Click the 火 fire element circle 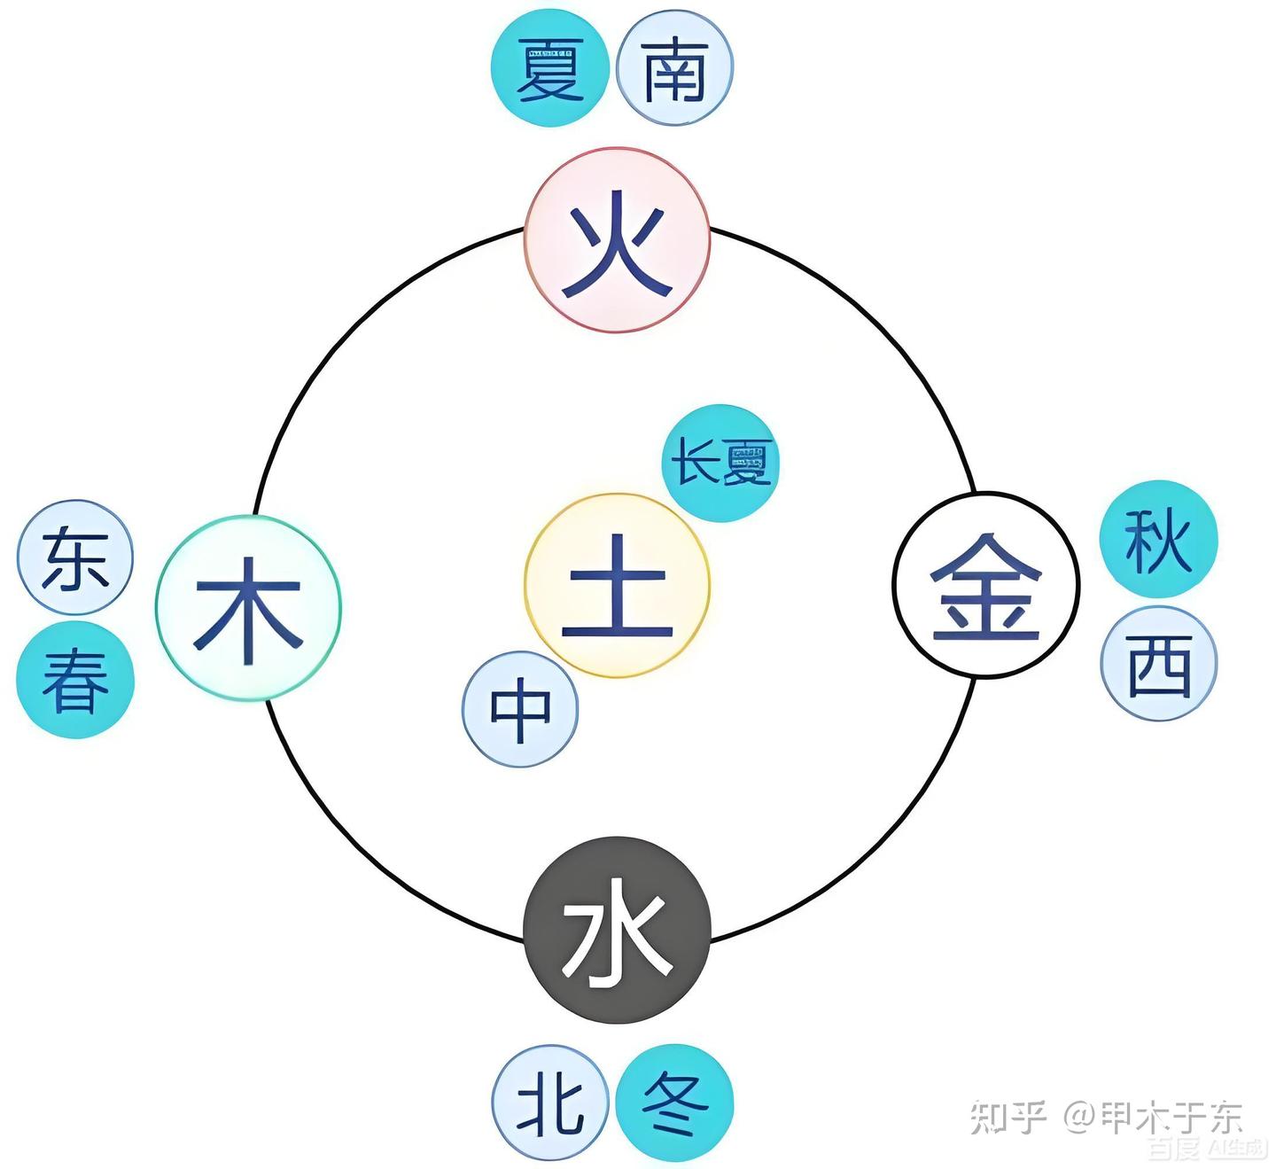[x=617, y=240]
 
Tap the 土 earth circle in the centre [x=617, y=585]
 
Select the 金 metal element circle [x=985, y=584]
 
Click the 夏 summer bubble [x=550, y=68]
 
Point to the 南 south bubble [x=674, y=68]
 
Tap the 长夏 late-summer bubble [x=720, y=463]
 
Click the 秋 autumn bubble [x=1158, y=539]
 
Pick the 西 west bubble [x=1158, y=663]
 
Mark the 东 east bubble [x=75, y=557]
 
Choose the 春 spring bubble [x=75, y=681]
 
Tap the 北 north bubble [x=550, y=1103]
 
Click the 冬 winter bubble [x=674, y=1103]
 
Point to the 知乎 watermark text [x=1008, y=1117]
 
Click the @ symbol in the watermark [x=1080, y=1117]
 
